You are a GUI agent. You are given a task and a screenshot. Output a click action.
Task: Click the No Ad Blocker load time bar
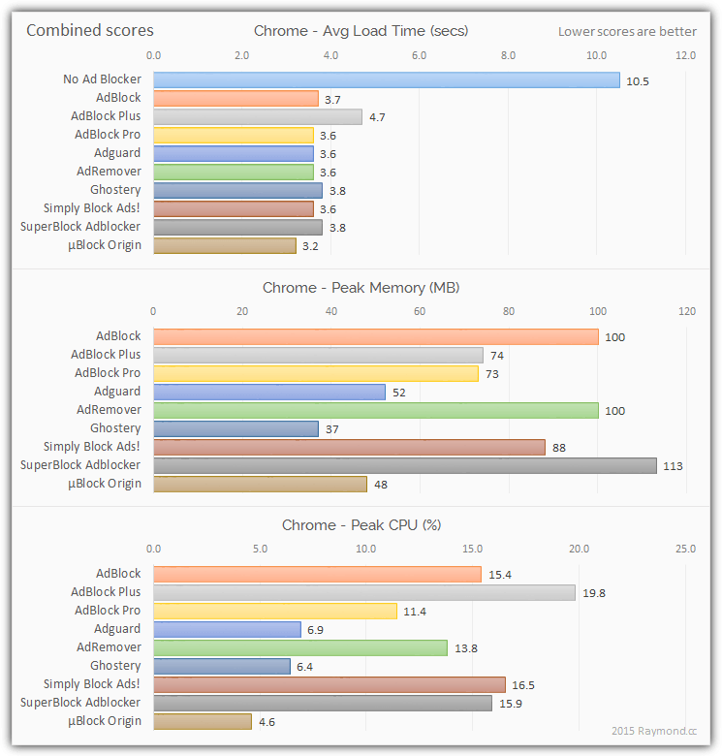(386, 79)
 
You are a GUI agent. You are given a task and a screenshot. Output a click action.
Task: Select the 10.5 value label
(637, 80)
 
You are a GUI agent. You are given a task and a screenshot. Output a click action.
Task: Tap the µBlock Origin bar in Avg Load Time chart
(224, 245)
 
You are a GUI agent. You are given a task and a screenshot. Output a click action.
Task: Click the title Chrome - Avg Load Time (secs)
(361, 30)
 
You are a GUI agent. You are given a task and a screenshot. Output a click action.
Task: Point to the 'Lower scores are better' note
(627, 31)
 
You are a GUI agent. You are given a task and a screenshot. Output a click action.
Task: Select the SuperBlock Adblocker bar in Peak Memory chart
(404, 465)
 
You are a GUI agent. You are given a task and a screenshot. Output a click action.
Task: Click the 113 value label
(673, 466)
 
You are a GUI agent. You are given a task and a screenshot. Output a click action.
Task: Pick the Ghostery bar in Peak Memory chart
(235, 428)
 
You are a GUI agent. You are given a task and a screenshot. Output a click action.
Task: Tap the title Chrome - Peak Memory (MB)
(361, 288)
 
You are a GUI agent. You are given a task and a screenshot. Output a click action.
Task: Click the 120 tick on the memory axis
(686, 311)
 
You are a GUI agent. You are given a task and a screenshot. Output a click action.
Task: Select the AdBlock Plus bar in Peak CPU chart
(364, 592)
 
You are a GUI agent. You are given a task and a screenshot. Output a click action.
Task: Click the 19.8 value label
(594, 593)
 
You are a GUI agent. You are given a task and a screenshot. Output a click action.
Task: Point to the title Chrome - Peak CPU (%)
(361, 525)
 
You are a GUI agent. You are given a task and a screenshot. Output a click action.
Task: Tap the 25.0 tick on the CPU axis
(685, 549)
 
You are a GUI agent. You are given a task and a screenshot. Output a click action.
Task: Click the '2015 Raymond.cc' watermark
(653, 731)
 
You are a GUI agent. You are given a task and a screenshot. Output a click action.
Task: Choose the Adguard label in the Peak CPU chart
(117, 629)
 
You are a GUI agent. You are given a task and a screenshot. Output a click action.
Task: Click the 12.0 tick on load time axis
(685, 55)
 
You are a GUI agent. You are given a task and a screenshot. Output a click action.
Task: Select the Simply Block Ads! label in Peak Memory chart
(92, 447)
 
